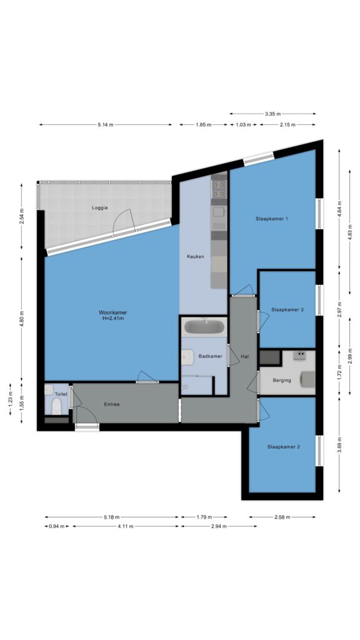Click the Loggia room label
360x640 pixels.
(99, 207)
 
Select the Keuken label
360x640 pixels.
(195, 256)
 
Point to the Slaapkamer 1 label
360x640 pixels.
(272, 218)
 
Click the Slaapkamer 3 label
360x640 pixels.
(287, 309)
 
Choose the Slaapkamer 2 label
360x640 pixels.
(284, 446)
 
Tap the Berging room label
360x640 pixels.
(282, 380)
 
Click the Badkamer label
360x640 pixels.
(210, 356)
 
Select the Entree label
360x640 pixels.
(112, 404)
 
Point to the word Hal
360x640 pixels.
(245, 356)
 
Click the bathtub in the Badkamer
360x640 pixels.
(204, 326)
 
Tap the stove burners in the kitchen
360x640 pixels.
(219, 189)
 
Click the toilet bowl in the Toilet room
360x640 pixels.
(56, 406)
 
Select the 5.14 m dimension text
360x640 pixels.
(105, 124)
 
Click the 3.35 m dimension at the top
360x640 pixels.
(272, 114)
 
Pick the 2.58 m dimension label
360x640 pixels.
(282, 517)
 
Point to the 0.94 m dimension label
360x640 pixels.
(57, 526)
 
